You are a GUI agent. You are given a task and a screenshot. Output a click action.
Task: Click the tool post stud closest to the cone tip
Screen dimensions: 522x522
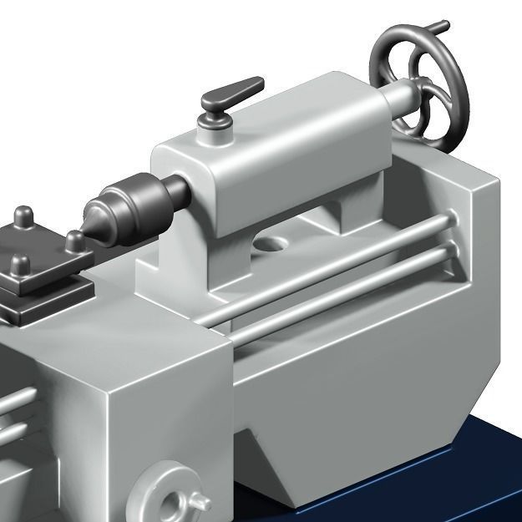coord(75,242)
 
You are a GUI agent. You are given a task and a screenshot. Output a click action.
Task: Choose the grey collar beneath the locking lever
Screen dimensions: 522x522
coord(214,124)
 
